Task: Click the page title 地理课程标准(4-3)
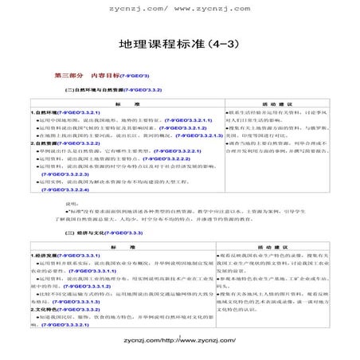[x=179, y=43]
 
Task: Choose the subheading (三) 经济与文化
[x=82, y=233]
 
